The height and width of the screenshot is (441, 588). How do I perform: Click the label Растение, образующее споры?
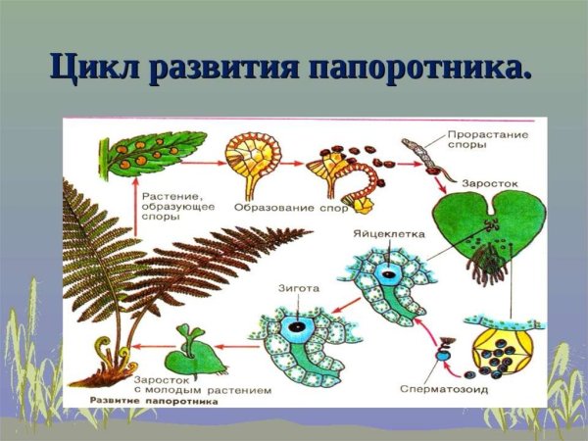click(175, 201)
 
